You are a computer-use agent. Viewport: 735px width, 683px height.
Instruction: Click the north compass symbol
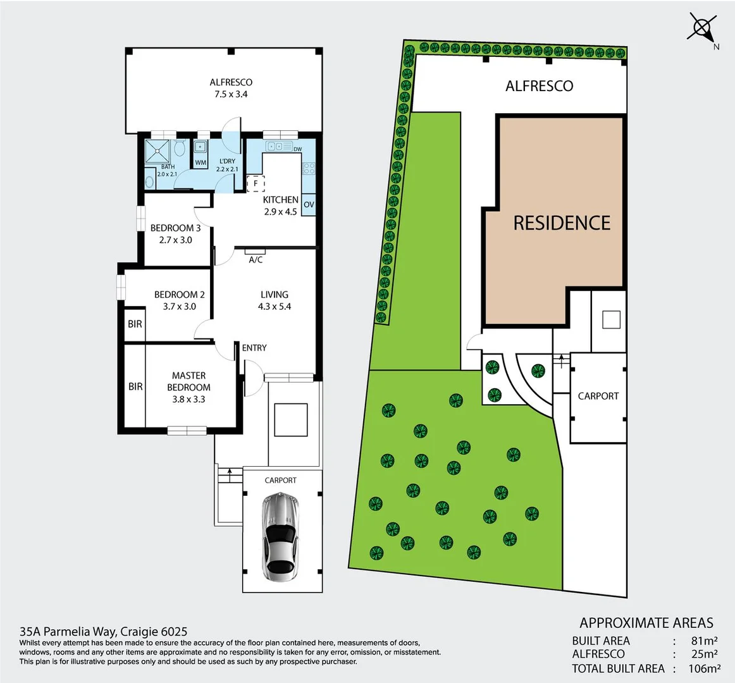click(702, 28)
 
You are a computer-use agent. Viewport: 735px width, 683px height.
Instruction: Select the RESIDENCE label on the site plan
click(562, 223)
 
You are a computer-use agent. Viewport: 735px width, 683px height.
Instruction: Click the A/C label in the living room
click(256, 260)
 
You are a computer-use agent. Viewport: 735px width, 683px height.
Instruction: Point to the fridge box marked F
click(256, 184)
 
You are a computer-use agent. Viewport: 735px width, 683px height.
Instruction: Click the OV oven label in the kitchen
click(309, 205)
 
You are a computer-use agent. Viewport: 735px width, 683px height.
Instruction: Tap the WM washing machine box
click(201, 163)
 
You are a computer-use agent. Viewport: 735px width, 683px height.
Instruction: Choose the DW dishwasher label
click(297, 149)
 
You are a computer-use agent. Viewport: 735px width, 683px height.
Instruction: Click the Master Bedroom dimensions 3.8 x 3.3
click(188, 399)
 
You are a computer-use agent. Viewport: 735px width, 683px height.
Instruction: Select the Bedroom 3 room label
click(175, 228)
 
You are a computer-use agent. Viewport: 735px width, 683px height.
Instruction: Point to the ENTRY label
click(254, 348)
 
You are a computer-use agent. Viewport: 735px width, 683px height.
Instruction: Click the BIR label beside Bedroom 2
click(135, 324)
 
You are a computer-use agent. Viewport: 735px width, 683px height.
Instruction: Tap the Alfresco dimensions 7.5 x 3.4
click(231, 94)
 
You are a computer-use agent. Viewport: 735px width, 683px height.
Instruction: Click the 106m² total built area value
click(704, 668)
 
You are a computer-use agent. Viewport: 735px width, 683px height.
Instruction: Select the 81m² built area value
click(704, 641)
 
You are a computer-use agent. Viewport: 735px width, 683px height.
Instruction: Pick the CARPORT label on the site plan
click(598, 397)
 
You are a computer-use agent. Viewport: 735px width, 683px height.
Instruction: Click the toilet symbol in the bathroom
click(179, 149)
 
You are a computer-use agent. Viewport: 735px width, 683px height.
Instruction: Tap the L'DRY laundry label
click(227, 161)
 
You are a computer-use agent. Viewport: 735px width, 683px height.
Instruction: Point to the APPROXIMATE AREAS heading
click(646, 623)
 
